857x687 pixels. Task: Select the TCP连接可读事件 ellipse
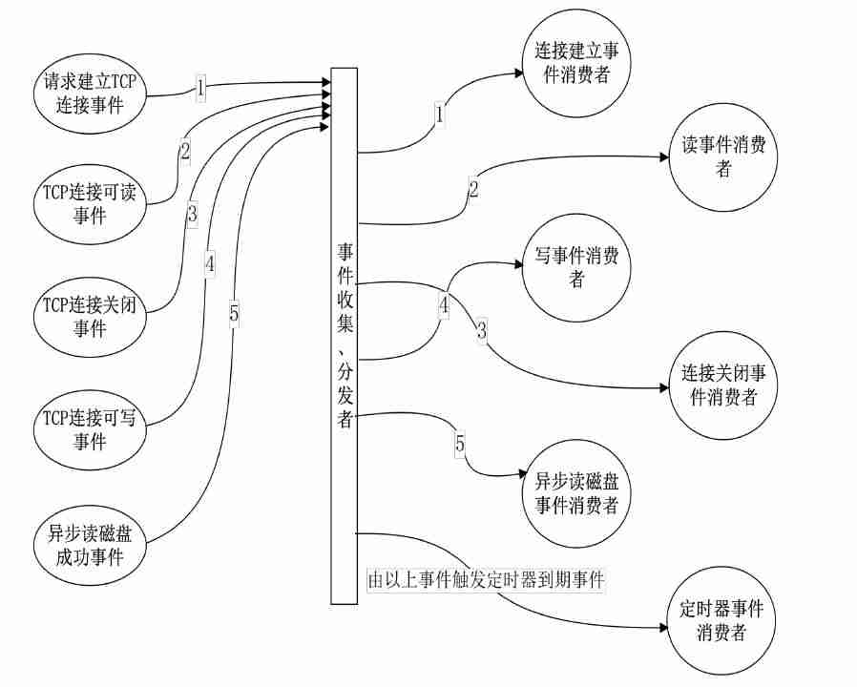tap(90, 201)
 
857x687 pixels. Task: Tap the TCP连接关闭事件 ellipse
tap(90, 316)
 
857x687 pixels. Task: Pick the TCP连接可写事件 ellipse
tap(90, 428)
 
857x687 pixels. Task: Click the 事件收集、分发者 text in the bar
tap(345, 335)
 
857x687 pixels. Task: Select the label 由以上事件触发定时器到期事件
tap(487, 579)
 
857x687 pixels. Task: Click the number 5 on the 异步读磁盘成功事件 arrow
tap(234, 312)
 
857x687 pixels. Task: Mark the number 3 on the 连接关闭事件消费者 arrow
tap(482, 332)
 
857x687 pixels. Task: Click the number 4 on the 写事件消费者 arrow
tap(444, 305)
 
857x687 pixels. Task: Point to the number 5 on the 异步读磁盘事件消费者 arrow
tap(460, 444)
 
